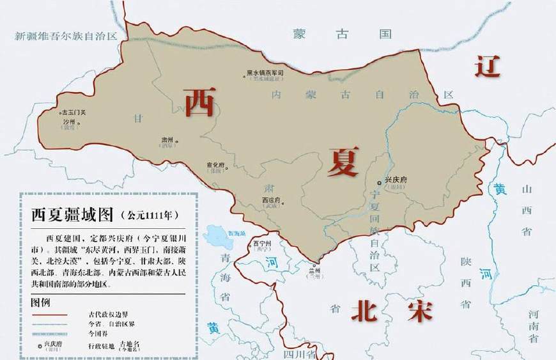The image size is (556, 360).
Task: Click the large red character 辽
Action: (x=487, y=66)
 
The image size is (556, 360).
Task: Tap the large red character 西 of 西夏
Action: (x=199, y=102)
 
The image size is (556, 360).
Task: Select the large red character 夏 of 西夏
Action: (x=343, y=161)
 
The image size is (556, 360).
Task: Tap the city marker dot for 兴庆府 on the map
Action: (x=380, y=184)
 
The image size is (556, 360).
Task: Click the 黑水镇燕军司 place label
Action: (x=265, y=74)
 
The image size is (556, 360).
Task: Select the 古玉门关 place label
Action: (x=72, y=112)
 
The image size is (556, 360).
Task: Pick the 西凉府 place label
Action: (x=272, y=200)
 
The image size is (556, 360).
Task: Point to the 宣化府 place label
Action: (x=217, y=164)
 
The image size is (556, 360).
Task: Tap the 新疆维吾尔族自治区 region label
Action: (x=66, y=36)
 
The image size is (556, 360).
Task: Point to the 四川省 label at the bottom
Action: (x=300, y=354)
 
